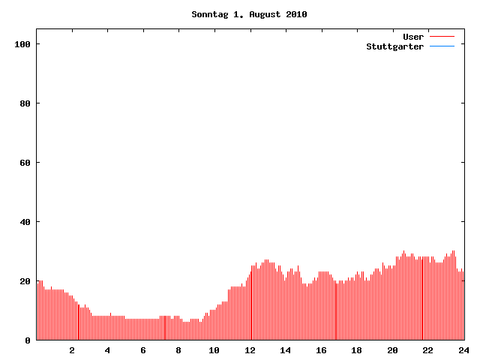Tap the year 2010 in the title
point(296,14)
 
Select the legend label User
point(413,37)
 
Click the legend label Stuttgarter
point(394,46)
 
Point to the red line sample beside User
point(442,37)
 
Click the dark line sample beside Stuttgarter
point(442,46)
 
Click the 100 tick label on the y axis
point(22,44)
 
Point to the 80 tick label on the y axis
point(25,103)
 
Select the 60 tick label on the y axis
point(25,163)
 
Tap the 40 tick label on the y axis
point(25,222)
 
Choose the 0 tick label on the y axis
point(28,340)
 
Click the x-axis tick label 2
point(72,350)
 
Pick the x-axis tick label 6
point(143,350)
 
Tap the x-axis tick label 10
point(214,350)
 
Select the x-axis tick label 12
point(250,350)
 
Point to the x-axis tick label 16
point(321,350)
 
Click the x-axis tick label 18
point(356,350)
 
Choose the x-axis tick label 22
point(427,350)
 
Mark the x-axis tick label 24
point(463,350)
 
